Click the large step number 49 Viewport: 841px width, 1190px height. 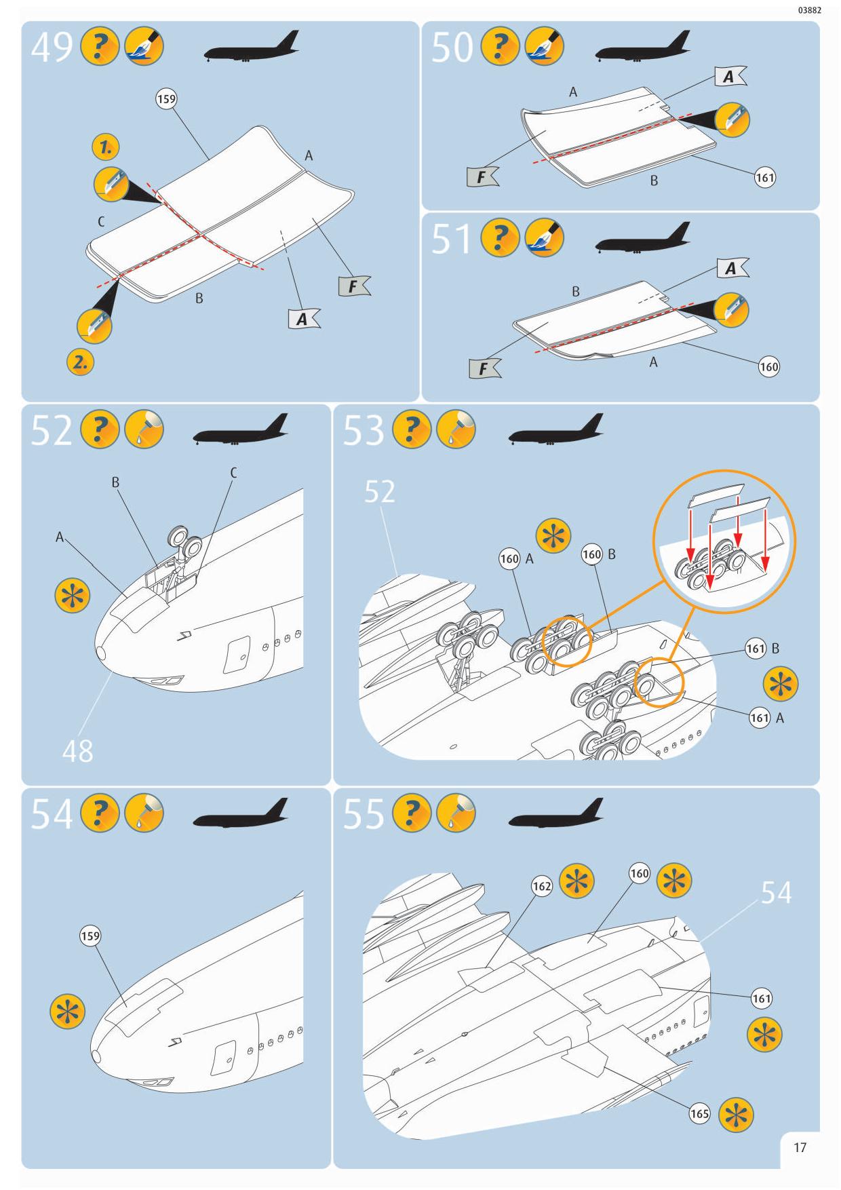52,47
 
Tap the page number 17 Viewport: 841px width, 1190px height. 800,1147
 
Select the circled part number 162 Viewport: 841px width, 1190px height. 542,886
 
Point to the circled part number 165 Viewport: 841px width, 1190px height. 699,1113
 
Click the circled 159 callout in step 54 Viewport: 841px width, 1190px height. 90,936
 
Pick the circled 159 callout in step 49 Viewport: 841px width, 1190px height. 166,99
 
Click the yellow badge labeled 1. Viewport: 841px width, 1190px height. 106,147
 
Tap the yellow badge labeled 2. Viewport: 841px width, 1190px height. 81,362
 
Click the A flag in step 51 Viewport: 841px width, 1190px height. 732,269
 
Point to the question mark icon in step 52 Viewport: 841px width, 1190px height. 100,430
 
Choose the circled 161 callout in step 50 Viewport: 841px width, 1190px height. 764,178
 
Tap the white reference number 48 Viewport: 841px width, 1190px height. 77,751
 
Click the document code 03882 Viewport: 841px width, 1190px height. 810,10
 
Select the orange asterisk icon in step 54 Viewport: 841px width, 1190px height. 68,1012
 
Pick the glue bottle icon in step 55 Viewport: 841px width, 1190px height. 456,813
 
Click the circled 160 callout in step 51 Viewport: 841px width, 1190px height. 769,367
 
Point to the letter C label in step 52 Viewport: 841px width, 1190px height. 233,473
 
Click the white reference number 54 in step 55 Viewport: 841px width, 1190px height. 776,893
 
